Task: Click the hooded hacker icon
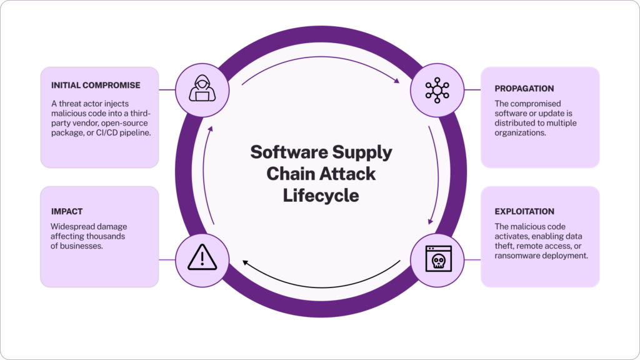pos(202,90)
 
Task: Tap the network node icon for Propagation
pos(437,90)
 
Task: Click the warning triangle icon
pos(202,257)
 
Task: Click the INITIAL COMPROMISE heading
pos(96,85)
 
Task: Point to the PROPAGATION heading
pos(524,89)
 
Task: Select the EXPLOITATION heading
pos(524,212)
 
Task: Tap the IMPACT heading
pos(67,212)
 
